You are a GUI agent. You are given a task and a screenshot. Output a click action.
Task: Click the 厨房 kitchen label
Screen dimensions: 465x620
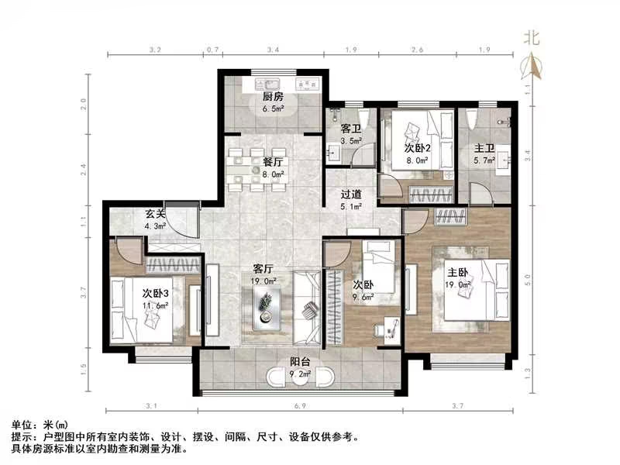coord(271,97)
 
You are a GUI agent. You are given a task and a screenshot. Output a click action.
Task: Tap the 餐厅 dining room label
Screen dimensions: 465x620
coord(271,163)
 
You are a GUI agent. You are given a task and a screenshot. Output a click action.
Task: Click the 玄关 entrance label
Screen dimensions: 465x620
coord(153,215)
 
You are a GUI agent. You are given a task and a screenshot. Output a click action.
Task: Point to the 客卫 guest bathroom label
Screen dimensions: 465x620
coord(350,129)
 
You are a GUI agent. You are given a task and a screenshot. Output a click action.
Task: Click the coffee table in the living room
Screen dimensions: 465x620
coord(266,306)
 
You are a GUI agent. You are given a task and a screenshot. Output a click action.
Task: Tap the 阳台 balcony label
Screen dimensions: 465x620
coord(300,361)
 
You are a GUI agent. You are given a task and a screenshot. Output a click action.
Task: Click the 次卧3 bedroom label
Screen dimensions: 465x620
coord(155,294)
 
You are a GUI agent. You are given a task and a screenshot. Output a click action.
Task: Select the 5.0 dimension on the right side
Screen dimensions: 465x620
coord(527,276)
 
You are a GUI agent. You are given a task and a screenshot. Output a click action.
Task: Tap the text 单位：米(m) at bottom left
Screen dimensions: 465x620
coord(40,426)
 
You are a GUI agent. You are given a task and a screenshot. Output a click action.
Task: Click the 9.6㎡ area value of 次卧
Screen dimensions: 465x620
coord(363,295)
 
